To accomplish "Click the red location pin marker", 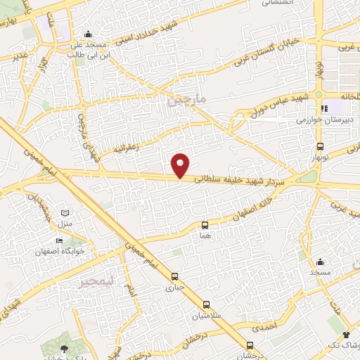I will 181,165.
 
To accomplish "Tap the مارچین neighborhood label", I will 188,101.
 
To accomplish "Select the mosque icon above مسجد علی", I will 88,34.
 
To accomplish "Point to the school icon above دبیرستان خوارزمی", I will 325,108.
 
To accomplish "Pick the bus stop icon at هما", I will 205,225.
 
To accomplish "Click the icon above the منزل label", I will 65,212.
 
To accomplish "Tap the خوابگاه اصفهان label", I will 60,251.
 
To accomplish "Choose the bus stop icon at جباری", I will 174,276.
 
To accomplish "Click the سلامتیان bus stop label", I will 206,316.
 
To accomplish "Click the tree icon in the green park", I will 65,348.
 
